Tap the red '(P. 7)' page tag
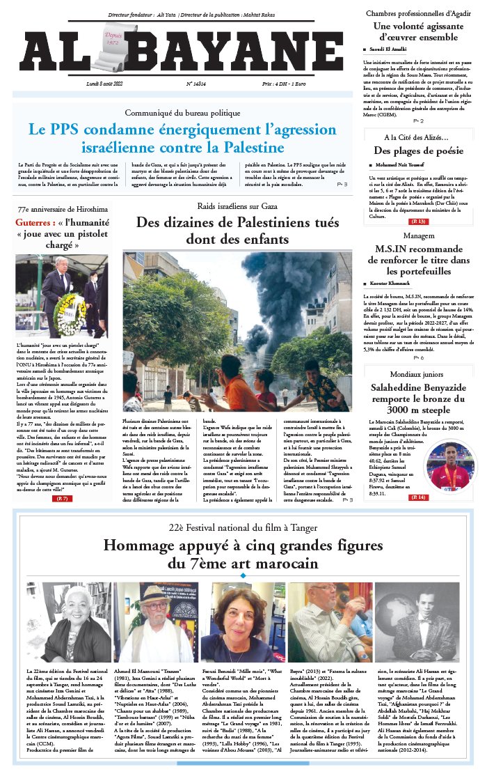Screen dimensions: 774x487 point(62,499)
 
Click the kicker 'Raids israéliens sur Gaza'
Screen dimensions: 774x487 point(237,206)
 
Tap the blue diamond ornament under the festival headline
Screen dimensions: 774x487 point(243,575)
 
